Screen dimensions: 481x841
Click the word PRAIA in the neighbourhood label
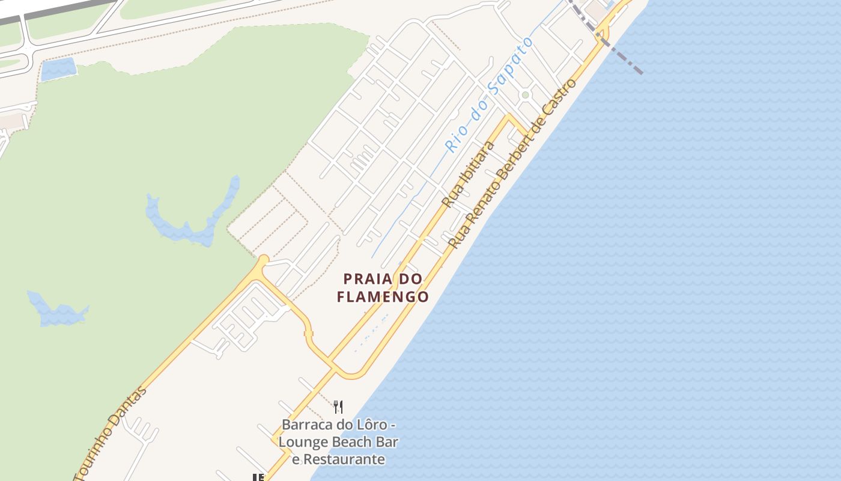368,279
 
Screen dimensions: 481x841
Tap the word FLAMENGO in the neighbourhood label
383,297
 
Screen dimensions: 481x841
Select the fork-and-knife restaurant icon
338,407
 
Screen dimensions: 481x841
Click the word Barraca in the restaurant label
306,425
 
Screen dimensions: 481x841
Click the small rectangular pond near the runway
58,69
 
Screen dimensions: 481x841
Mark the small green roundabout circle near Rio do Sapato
525,95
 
